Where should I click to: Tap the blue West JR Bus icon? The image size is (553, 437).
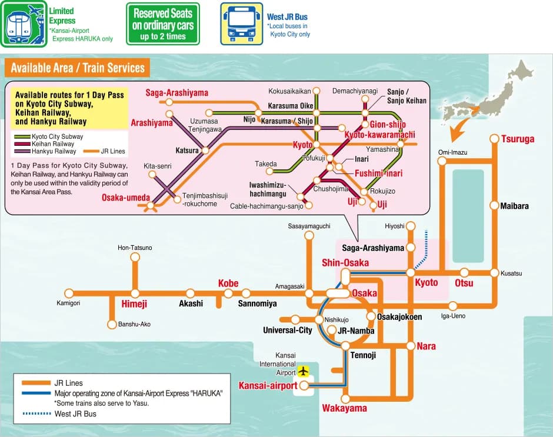pos(241,24)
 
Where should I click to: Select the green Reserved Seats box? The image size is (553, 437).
pos(163,24)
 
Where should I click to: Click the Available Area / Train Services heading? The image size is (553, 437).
pos(78,68)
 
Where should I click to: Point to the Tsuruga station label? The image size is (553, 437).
pos(518,139)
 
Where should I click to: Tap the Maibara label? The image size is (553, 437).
pos(514,206)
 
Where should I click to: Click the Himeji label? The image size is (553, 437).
pos(134,304)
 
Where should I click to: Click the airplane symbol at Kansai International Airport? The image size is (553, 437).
pos(304,371)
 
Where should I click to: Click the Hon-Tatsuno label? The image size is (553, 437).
pos(135,248)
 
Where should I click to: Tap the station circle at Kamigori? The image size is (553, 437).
pos(69,293)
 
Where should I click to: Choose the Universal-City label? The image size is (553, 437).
pos(287,331)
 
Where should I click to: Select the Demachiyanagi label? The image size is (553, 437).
pos(355,91)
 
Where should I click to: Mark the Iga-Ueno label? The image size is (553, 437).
pos(453,316)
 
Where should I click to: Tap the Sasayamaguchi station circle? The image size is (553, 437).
pos(309,235)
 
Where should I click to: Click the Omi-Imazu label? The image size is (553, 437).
pos(452,153)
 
